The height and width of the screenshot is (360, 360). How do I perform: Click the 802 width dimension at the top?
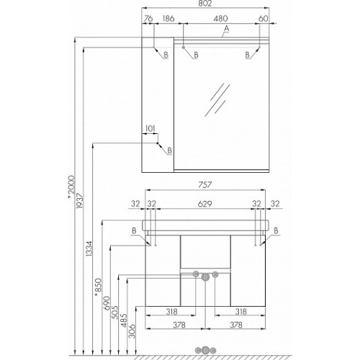(x=205, y=4)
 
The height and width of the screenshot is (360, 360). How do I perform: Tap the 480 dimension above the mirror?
(x=220, y=19)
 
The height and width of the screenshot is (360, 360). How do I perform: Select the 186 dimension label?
(x=168, y=19)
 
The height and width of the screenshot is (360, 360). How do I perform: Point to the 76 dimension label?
(x=148, y=19)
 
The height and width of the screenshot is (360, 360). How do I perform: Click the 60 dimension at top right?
(x=264, y=19)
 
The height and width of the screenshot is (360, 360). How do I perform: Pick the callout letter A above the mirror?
(x=226, y=29)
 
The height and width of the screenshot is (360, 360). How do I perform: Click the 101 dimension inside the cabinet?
(x=150, y=129)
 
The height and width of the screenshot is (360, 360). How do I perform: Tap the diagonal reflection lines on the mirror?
(x=217, y=99)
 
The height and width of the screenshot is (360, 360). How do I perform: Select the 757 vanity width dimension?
(x=205, y=185)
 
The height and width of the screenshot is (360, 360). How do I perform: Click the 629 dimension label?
(x=204, y=204)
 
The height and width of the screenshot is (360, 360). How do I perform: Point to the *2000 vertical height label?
(x=71, y=187)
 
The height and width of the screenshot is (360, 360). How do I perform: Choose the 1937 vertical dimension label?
(x=80, y=201)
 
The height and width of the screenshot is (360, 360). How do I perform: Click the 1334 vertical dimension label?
(x=89, y=249)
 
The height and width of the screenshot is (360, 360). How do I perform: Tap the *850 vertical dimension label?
(x=98, y=287)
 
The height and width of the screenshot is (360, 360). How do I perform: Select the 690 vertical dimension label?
(x=107, y=303)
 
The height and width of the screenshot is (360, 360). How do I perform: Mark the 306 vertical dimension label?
(x=132, y=331)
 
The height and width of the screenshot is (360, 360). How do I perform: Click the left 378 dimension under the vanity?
(x=179, y=325)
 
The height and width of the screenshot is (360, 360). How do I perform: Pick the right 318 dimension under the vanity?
(x=240, y=312)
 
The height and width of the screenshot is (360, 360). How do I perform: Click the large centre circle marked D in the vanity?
(x=205, y=277)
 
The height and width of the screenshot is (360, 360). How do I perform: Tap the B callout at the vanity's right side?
(x=276, y=230)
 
